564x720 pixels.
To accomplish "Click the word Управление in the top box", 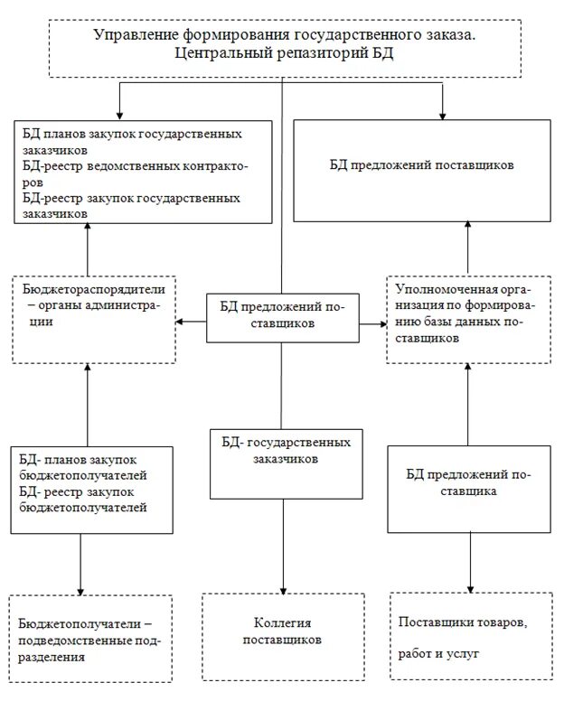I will pyautogui.click(x=134, y=35).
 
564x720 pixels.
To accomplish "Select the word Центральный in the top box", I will pyautogui.click(x=226, y=52).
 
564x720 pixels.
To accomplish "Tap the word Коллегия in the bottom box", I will pyautogui.click(x=283, y=623).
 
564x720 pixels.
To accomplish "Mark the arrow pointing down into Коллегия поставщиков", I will pyautogui.click(x=284, y=587).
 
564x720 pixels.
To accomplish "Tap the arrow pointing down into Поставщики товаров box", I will pyautogui.click(x=470, y=587).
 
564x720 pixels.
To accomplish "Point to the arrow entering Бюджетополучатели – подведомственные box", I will pyautogui.click(x=82, y=587).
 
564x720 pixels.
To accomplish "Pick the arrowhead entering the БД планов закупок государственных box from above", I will pyautogui.click(x=117, y=114).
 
